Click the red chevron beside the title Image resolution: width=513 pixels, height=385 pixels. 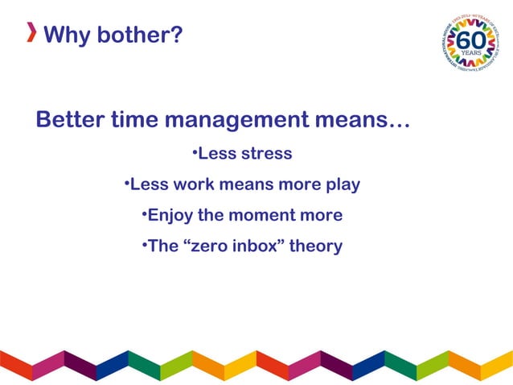31,33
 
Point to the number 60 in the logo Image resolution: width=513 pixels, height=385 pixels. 471,39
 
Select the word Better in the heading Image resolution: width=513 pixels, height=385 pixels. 70,121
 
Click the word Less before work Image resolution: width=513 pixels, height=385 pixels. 150,184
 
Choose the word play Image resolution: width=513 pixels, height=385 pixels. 343,185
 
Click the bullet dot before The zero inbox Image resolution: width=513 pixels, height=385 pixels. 143,245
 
